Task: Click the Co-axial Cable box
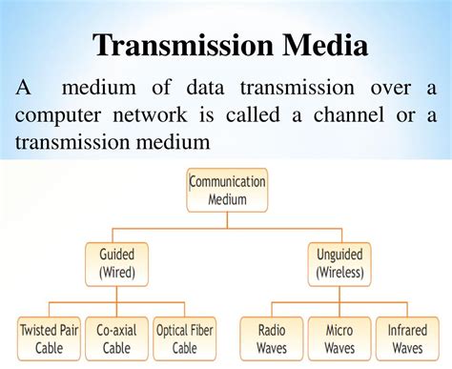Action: coord(116,339)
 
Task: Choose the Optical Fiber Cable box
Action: coord(183,339)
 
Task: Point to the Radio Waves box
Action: coord(271,339)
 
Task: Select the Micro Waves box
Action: coord(339,339)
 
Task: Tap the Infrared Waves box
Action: coord(407,339)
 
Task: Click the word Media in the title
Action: coord(320,45)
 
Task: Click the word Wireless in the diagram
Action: coord(340,274)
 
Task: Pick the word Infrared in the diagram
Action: coord(407,331)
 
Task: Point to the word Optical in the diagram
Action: coord(172,331)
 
